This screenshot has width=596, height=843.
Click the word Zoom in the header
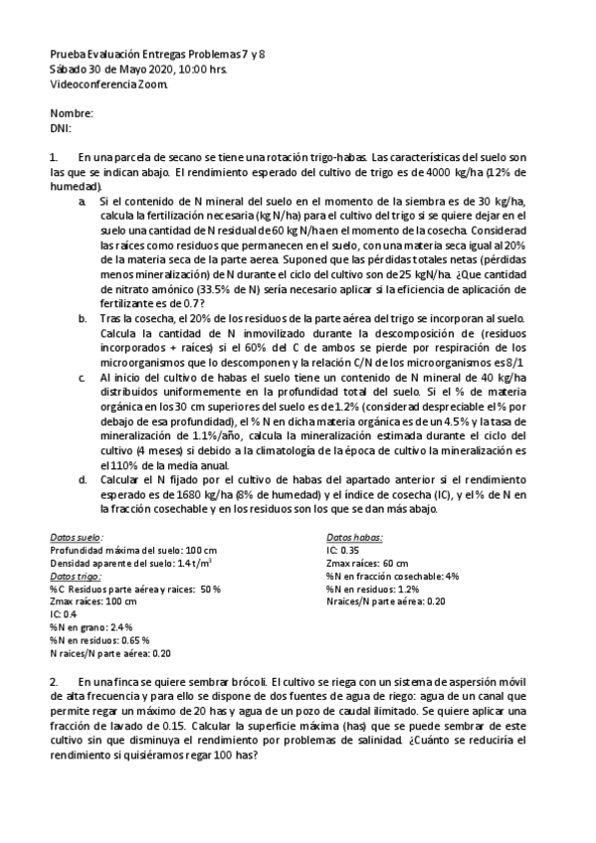(155, 84)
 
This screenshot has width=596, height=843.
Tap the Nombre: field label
(71, 114)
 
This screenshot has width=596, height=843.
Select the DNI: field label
(61, 128)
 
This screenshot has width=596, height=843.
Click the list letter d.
(82, 478)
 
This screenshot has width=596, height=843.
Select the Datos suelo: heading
(76, 536)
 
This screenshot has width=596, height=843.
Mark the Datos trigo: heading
(76, 576)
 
